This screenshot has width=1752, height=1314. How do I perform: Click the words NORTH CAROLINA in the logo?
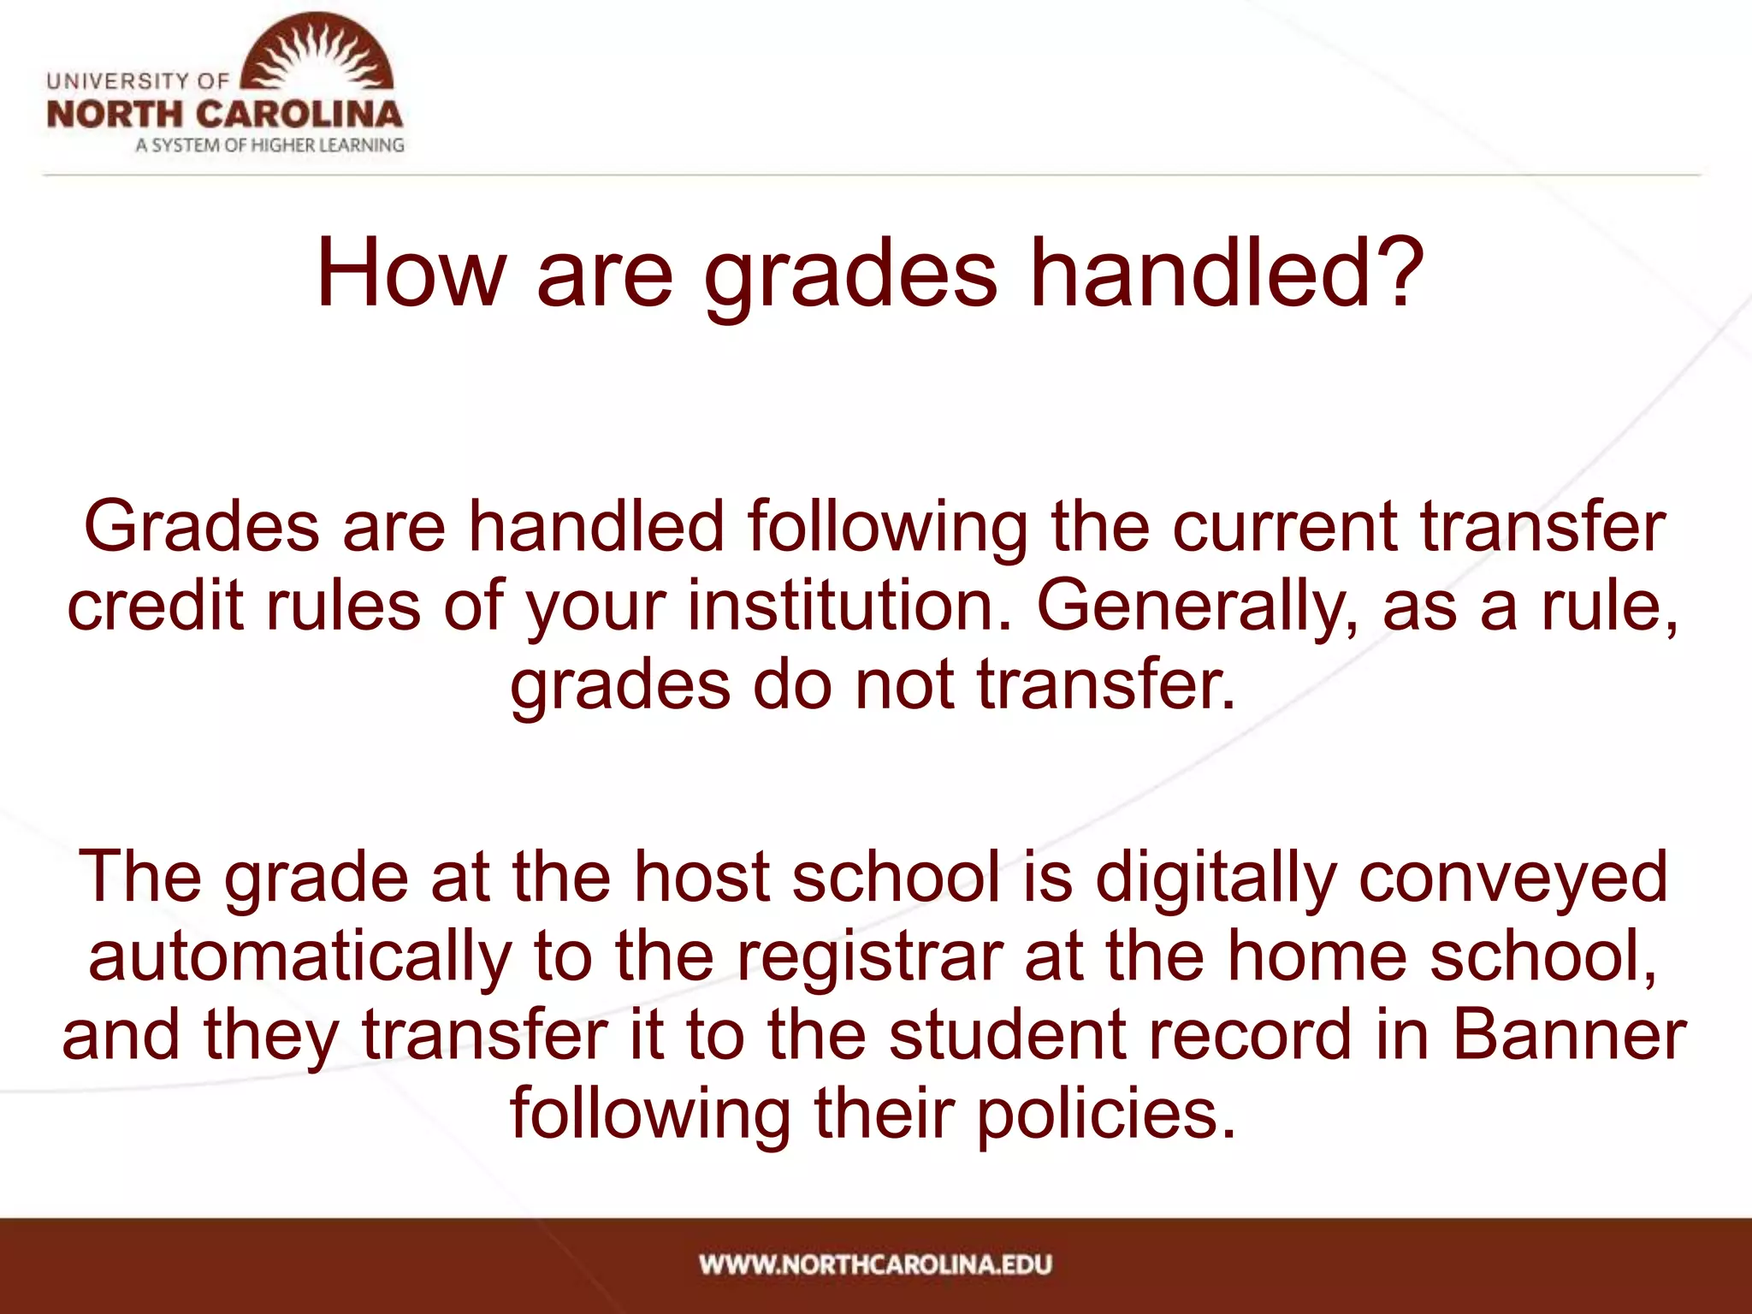pyautogui.click(x=224, y=115)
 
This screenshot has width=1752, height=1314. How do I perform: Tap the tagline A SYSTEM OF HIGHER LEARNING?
pyautogui.click(x=269, y=145)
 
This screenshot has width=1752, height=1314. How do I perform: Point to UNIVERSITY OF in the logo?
pyautogui.click(x=138, y=81)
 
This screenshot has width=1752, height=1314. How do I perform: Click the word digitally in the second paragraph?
pyautogui.click(x=1216, y=878)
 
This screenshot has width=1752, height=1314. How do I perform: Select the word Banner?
pyautogui.click(x=1569, y=1035)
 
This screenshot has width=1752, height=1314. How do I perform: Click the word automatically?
pyautogui.click(x=299, y=956)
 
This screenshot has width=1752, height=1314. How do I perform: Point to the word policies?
pyautogui.click(x=1106, y=1114)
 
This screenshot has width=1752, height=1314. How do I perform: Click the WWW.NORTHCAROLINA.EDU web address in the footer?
pyautogui.click(x=875, y=1264)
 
